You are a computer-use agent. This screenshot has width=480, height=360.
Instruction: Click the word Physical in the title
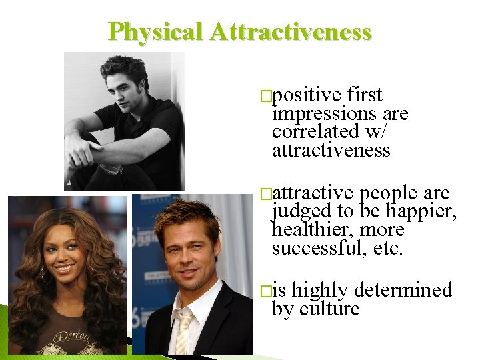[x=154, y=31]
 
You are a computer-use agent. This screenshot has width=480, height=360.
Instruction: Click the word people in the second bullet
[x=389, y=193]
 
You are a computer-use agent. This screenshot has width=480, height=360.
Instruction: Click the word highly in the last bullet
[x=321, y=291]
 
